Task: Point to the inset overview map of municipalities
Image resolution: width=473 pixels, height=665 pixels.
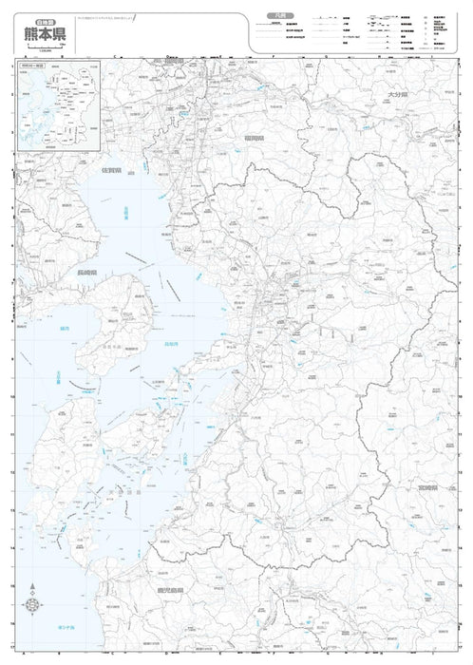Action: [x=58, y=105]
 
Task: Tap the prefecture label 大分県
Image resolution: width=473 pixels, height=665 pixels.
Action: [x=396, y=97]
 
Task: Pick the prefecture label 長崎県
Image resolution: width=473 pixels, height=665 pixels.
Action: [x=92, y=273]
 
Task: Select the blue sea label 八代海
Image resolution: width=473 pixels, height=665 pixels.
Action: [x=186, y=460]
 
